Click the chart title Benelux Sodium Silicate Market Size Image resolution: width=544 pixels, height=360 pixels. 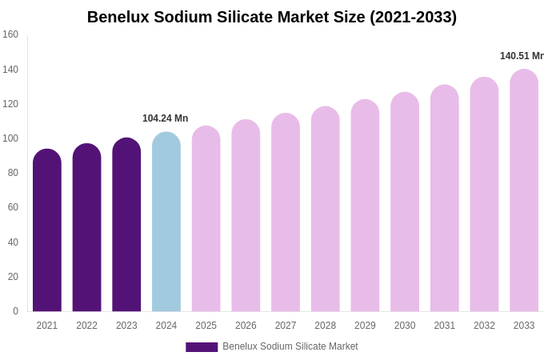(272, 17)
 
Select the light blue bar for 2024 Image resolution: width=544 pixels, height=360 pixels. (166, 224)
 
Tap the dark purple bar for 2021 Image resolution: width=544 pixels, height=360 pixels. (47, 232)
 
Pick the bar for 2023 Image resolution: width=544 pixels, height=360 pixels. (126, 226)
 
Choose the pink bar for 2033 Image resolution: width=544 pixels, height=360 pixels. (524, 192)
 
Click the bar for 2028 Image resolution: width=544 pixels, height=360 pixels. (326, 210)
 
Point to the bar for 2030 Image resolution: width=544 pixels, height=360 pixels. (405, 204)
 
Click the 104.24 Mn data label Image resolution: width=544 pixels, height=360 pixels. (166, 118)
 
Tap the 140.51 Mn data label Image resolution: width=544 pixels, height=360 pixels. (522, 56)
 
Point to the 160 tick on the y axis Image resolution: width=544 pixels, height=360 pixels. (10, 34)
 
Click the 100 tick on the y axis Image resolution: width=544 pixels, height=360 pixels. (10, 138)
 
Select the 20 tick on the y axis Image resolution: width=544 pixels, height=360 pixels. (13, 277)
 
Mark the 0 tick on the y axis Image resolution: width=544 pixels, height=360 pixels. (15, 311)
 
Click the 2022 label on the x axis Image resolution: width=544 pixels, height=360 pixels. (86, 326)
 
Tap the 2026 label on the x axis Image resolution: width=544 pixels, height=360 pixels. (246, 326)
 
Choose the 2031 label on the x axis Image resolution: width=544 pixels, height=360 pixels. (445, 326)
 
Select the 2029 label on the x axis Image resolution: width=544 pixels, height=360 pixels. (365, 326)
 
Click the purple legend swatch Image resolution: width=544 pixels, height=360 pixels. (202, 347)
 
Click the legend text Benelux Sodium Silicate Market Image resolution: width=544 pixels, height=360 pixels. (290, 346)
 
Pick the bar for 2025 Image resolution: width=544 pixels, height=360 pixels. (206, 220)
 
